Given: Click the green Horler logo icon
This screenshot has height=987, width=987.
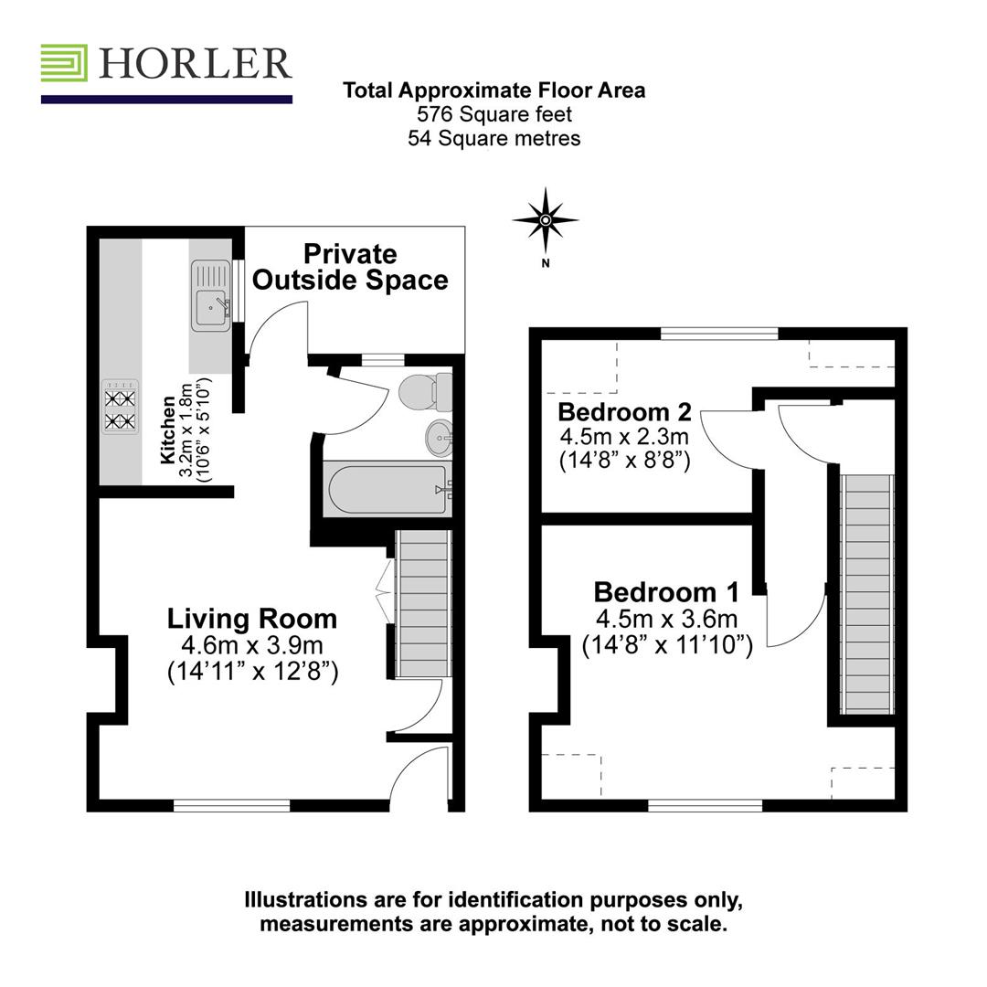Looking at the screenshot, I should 64,63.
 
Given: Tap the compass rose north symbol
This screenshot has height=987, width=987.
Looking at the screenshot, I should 546,220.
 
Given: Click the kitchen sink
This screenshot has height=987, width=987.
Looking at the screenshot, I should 209,295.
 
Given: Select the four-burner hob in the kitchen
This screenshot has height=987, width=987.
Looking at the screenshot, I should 121,408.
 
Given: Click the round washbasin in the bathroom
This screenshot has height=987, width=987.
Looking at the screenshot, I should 440,437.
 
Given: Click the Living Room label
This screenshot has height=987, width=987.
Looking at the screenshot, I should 251,619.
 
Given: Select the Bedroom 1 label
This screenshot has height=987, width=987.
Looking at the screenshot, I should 666,591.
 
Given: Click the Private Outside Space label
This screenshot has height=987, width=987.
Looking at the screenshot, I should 350,267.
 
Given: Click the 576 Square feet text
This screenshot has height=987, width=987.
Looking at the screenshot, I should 494,114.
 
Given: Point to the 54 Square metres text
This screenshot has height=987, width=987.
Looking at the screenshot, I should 494,138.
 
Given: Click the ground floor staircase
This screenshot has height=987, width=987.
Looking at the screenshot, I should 424,605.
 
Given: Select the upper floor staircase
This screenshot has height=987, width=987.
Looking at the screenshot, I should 865,594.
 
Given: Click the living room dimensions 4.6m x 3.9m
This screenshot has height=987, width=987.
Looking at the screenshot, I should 252,645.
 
